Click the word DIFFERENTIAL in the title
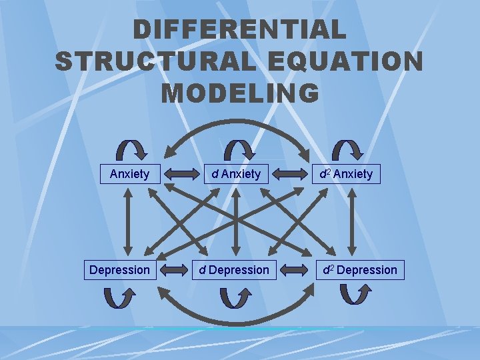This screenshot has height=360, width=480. pyautogui.click(x=239, y=30)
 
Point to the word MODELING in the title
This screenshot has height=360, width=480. pyautogui.click(x=239, y=93)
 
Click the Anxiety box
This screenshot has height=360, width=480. pyautogui.click(x=129, y=174)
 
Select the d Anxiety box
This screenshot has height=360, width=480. pyautogui.click(x=236, y=174)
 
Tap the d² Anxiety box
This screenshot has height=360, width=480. pyautogui.click(x=346, y=174)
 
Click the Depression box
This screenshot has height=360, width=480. pyautogui.click(x=119, y=270)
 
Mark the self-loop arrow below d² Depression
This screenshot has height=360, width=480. pyautogui.click(x=355, y=294)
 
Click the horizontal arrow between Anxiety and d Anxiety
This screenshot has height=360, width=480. pyautogui.click(x=177, y=175)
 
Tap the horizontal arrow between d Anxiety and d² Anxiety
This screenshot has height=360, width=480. pyautogui.click(x=289, y=175)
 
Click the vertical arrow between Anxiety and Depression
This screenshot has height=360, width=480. pyautogui.click(x=131, y=221)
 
